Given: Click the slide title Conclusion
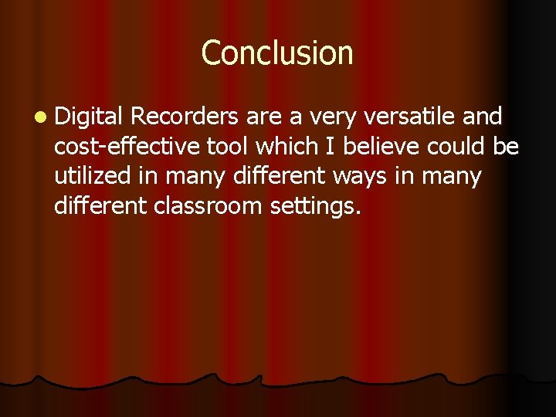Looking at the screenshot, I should [x=277, y=53].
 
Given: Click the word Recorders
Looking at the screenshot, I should [x=185, y=117].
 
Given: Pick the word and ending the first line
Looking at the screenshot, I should [x=483, y=117].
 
